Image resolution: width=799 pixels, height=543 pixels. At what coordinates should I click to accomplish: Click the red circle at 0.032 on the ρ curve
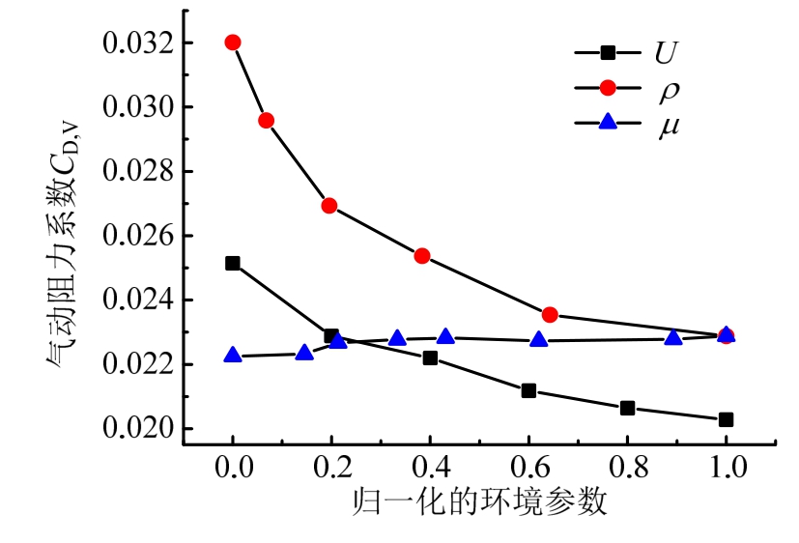pyautogui.click(x=232, y=43)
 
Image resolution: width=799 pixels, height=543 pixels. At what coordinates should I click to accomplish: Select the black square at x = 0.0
pyautogui.click(x=232, y=263)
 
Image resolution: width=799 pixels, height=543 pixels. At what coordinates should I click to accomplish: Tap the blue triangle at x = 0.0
pyautogui.click(x=232, y=355)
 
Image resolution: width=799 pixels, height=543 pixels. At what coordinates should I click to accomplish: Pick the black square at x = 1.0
pyautogui.click(x=726, y=419)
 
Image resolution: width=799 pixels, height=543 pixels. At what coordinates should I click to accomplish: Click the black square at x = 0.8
pyautogui.click(x=627, y=408)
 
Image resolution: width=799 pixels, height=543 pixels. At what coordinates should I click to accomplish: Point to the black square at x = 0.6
pyautogui.click(x=528, y=390)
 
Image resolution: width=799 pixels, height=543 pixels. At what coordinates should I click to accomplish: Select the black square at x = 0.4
pyautogui.click(x=430, y=357)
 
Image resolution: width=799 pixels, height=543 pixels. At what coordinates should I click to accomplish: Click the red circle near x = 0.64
pyautogui.click(x=550, y=315)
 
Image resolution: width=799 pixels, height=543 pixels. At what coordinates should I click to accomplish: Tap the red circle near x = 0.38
pyautogui.click(x=421, y=256)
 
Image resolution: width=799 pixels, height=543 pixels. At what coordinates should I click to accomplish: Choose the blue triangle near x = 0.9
pyautogui.click(x=673, y=337)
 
